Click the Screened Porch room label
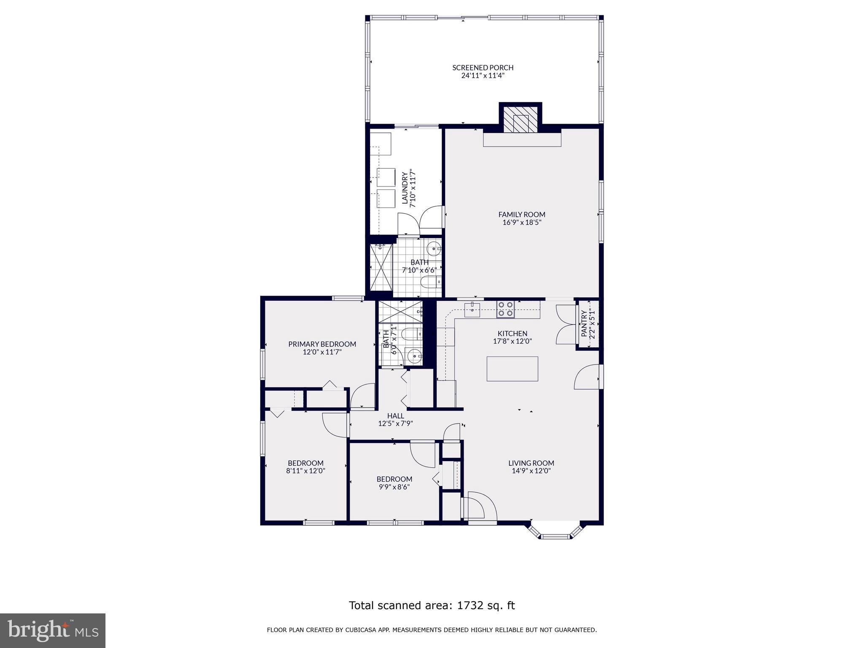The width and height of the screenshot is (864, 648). click(483, 67)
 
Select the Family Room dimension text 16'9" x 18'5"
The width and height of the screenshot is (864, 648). click(522, 222)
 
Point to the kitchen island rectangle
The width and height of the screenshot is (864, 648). click(512, 369)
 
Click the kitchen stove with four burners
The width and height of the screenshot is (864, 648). click(505, 309)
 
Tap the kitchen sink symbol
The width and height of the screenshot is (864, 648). click(472, 309)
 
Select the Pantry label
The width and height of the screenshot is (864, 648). click(584, 324)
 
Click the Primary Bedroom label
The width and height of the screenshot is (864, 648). click(322, 344)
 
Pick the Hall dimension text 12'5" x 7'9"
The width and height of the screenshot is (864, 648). click(395, 424)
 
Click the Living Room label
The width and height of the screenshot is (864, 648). click(531, 463)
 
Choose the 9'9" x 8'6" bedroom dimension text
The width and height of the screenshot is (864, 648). click(394, 487)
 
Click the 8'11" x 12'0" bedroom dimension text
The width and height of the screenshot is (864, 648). click(305, 471)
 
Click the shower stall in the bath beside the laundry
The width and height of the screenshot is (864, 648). click(381, 267)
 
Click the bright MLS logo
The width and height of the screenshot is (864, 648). click(52, 630)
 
